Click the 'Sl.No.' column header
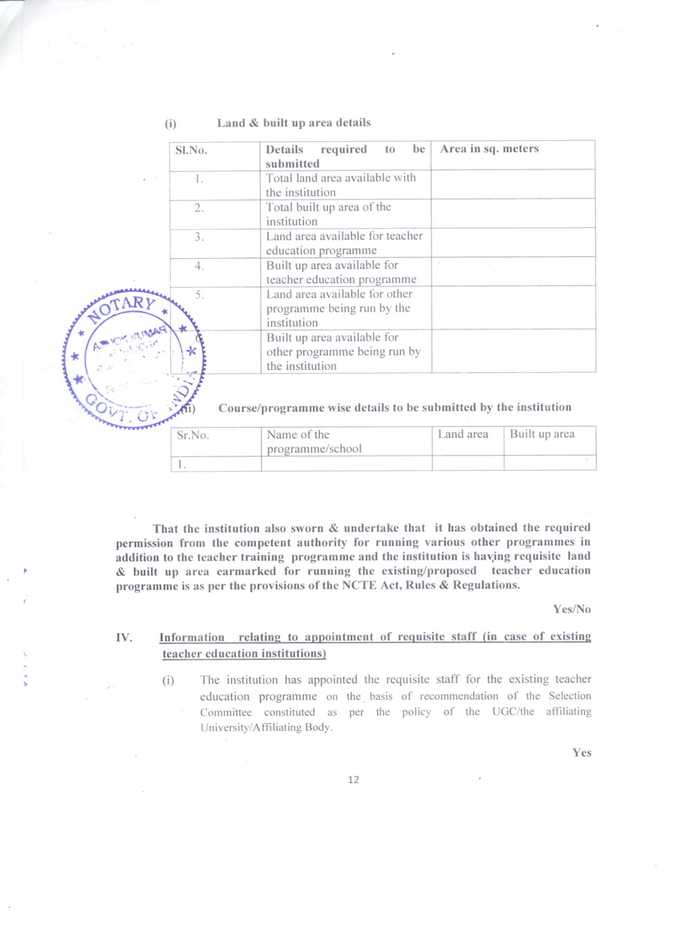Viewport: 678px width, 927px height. (x=191, y=150)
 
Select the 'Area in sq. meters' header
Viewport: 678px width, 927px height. (x=489, y=149)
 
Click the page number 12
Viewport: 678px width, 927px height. (x=354, y=780)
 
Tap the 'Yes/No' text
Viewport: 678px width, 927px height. (x=571, y=609)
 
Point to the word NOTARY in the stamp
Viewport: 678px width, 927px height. (x=122, y=307)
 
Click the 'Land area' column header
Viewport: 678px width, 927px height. (x=463, y=434)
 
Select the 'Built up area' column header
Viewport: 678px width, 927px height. (x=542, y=434)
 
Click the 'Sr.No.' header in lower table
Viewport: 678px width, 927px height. (x=192, y=435)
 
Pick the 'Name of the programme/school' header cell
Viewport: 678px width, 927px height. (x=314, y=441)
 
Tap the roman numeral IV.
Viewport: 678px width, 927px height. (x=124, y=638)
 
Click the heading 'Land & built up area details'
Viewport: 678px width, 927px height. (x=294, y=123)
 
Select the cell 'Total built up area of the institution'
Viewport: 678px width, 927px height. (x=329, y=214)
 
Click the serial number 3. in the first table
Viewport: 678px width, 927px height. (x=199, y=237)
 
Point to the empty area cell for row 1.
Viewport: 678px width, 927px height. (x=513, y=185)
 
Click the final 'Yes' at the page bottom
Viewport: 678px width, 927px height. (x=582, y=753)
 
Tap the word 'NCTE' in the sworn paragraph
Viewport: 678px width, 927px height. (x=358, y=585)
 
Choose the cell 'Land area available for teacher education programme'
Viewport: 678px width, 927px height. (x=344, y=244)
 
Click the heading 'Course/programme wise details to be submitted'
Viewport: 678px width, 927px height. (x=395, y=407)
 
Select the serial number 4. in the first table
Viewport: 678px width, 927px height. (x=199, y=266)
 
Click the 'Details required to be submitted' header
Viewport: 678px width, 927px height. (x=345, y=156)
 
